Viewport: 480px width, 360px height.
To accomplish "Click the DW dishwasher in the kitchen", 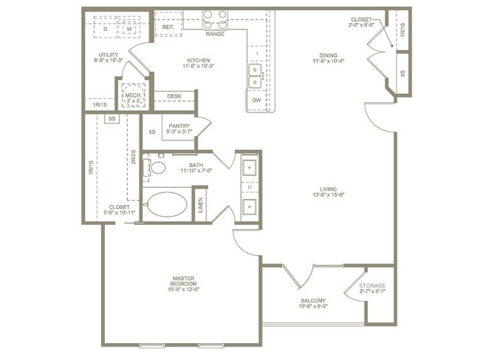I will [256, 99].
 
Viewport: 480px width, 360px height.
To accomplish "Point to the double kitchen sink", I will [255, 74].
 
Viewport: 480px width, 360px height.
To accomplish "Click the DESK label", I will [174, 95].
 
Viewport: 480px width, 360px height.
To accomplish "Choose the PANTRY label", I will [179, 126].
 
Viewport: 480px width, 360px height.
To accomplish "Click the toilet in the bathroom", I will [157, 166].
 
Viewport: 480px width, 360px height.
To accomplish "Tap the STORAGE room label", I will [371, 286].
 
